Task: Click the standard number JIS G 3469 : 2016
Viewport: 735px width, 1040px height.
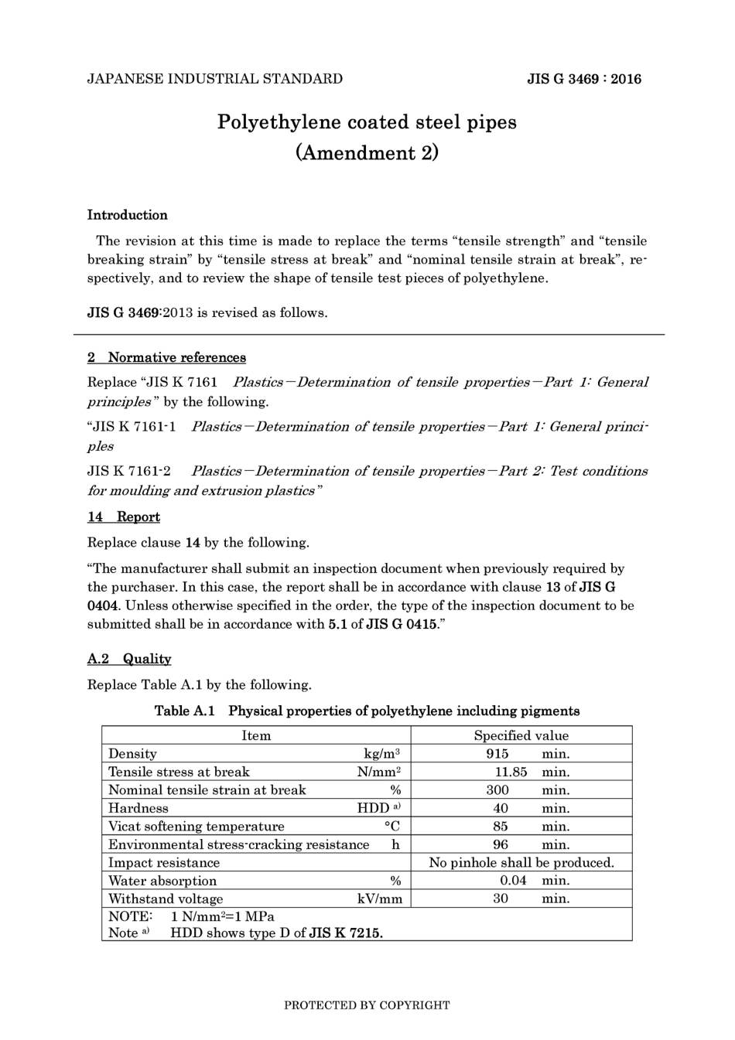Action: pyautogui.click(x=584, y=79)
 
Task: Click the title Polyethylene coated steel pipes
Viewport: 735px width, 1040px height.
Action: pyautogui.click(x=367, y=122)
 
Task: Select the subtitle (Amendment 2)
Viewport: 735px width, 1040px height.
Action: pyautogui.click(x=367, y=152)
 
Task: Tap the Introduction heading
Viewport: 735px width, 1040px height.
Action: pyautogui.click(x=127, y=215)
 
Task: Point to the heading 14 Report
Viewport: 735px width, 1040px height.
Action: pyautogui.click(x=124, y=517)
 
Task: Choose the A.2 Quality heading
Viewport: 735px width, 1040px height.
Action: pyautogui.click(x=129, y=659)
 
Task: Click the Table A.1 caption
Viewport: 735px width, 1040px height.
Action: pyautogui.click(x=367, y=711)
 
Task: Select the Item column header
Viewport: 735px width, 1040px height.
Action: pyautogui.click(x=256, y=735)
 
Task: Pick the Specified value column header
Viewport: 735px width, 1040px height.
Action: pyautogui.click(x=521, y=735)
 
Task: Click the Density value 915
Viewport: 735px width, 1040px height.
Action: pyautogui.click(x=497, y=754)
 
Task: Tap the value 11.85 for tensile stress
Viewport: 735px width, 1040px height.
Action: pyautogui.click(x=511, y=772)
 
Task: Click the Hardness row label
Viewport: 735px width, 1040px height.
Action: pyautogui.click(x=138, y=808)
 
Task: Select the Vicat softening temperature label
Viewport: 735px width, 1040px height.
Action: pyautogui.click(x=196, y=827)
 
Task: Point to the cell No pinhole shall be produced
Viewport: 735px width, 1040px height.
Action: pyautogui.click(x=521, y=862)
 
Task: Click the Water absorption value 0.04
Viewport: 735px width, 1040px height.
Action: pyautogui.click(x=513, y=881)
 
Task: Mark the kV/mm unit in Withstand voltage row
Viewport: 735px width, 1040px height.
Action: pyautogui.click(x=379, y=898)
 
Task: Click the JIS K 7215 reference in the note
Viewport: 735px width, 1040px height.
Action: pyautogui.click(x=345, y=933)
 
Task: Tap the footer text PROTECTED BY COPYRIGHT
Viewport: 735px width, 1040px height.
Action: pyautogui.click(x=367, y=1005)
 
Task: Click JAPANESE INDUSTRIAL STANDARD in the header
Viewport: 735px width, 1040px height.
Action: pyautogui.click(x=214, y=79)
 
